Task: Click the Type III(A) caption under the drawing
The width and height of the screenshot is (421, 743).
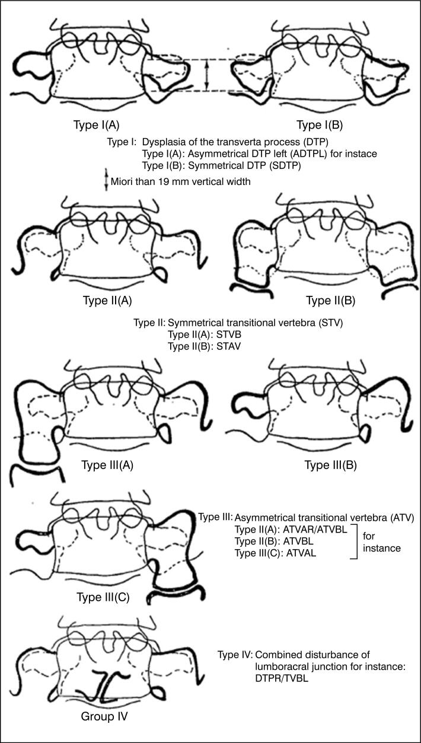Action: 107,465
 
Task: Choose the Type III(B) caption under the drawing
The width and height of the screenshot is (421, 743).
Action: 330,465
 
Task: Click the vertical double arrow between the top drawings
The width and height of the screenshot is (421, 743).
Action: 206,75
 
